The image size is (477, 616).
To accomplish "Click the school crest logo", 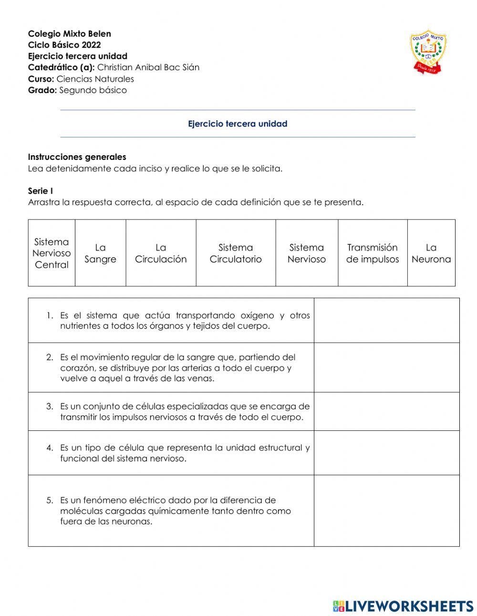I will coord(428,51).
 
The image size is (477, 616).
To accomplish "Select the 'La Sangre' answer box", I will coord(100,253).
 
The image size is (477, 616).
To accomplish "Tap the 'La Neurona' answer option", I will coord(431,253).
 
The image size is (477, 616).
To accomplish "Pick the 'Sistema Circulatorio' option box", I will coord(236,253).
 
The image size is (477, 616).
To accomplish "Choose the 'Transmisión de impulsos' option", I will coord(372,253).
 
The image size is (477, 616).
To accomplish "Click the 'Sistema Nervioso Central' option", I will coord(52,253).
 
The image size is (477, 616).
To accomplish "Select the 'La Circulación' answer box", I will coord(161,253).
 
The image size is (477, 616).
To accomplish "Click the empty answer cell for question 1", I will coord(386,320).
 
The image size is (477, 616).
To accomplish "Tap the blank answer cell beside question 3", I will coord(386,411).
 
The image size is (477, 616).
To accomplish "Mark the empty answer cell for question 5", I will coord(386,511).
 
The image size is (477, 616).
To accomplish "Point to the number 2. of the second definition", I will coord(50,357).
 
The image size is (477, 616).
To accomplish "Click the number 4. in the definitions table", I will coord(50,448).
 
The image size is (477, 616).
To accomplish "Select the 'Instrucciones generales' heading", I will coord(77,157).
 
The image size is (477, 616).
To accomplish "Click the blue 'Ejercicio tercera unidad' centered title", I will coord(238,124).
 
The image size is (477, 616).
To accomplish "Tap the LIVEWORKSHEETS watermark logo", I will coord(403,606).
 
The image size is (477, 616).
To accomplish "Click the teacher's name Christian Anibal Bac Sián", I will coord(148,67).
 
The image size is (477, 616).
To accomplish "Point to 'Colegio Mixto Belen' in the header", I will coord(70,34).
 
